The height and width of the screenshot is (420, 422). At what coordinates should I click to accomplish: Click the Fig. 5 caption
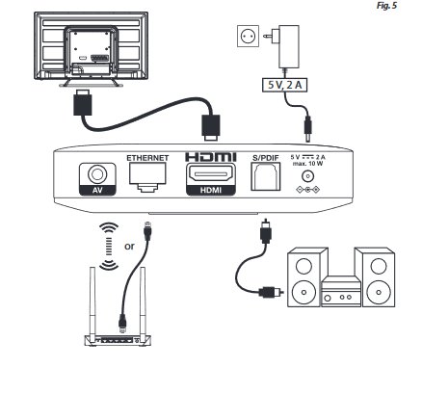pyautogui.click(x=386, y=6)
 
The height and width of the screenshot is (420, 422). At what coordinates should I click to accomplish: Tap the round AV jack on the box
pyautogui.click(x=97, y=174)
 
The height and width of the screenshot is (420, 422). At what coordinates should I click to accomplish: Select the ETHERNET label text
pyautogui.click(x=147, y=158)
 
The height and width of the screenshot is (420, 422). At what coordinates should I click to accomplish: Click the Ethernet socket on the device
pyautogui.click(x=147, y=177)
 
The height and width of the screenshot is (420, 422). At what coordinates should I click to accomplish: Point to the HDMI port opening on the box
pyautogui.click(x=211, y=174)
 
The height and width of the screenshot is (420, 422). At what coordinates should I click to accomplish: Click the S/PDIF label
pyautogui.click(x=265, y=158)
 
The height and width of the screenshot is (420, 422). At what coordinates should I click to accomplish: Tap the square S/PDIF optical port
pyautogui.click(x=265, y=176)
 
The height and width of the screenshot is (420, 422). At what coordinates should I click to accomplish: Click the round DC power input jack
pyautogui.click(x=307, y=176)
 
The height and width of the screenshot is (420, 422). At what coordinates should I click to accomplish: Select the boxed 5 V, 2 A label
pyautogui.click(x=284, y=85)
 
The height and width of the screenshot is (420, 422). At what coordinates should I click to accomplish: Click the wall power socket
pyautogui.click(x=249, y=37)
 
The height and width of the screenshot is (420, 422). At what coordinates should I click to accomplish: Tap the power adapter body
pyautogui.click(x=289, y=46)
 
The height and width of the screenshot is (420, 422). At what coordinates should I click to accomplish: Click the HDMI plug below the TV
pyautogui.click(x=83, y=102)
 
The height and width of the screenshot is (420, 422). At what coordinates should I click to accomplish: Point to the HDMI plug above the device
pyautogui.click(x=211, y=128)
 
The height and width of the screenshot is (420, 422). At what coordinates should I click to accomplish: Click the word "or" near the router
pyautogui.click(x=129, y=247)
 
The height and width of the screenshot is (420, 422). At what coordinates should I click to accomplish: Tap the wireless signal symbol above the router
pyautogui.click(x=109, y=247)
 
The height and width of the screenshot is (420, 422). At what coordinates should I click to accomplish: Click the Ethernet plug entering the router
pyautogui.click(x=122, y=323)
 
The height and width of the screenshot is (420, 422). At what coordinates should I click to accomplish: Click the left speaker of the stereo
pyautogui.click(x=303, y=277)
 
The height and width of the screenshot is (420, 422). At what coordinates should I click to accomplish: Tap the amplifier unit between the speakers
pyautogui.click(x=341, y=292)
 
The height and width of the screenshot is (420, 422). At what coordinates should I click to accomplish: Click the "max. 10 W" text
pyautogui.click(x=307, y=164)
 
